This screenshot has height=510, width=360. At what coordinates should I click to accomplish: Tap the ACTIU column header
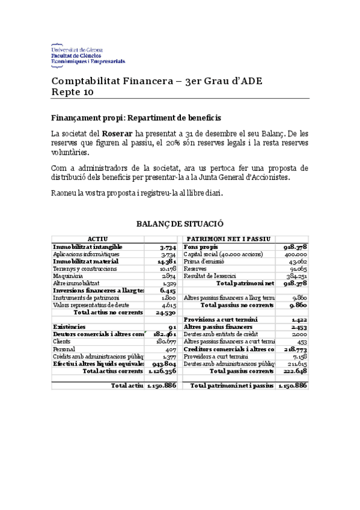click(97, 239)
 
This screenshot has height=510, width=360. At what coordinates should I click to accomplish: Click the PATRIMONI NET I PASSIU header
click(228, 239)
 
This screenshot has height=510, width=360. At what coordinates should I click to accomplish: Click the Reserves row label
click(195, 268)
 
